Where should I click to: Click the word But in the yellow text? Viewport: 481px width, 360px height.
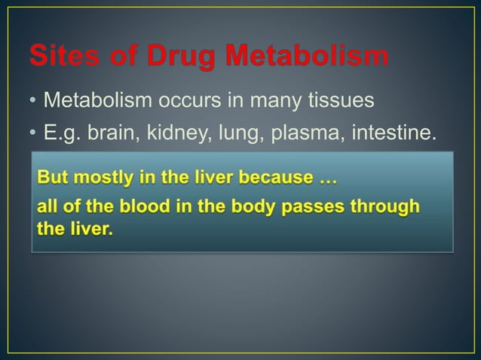[x=54, y=178]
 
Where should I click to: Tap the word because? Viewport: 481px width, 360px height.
[x=278, y=178]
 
